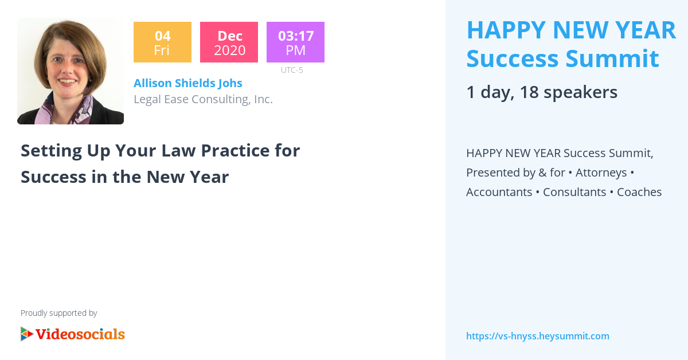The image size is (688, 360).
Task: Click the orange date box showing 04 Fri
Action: tap(162, 42)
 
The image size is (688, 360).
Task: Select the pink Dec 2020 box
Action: tap(229, 42)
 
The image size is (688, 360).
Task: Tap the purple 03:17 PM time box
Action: tap(295, 42)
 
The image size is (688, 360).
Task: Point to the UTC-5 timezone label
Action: tap(292, 71)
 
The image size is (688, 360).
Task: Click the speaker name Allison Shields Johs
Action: tap(188, 83)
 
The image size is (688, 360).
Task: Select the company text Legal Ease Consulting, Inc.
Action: tap(203, 99)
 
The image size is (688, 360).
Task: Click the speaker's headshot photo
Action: tap(71, 71)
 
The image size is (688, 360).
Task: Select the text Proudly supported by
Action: tap(59, 313)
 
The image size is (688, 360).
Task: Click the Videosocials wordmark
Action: tap(80, 334)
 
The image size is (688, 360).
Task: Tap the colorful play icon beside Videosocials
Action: tap(26, 334)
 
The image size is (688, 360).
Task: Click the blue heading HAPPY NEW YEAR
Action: tap(571, 30)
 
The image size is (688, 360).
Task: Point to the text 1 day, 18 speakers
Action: tap(542, 92)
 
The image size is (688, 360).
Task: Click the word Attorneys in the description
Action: tap(601, 173)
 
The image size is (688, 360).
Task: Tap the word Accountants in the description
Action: tap(499, 192)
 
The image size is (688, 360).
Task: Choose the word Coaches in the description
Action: tap(639, 192)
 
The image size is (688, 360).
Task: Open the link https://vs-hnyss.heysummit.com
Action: tap(538, 336)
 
